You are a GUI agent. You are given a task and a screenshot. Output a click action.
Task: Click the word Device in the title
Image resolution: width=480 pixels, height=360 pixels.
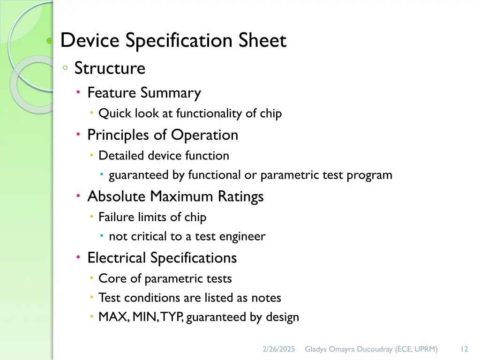click(90, 41)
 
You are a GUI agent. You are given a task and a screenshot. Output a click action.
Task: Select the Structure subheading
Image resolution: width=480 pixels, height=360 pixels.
click(110, 68)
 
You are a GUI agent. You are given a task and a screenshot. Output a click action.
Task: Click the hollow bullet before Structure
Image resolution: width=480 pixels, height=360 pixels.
click(66, 68)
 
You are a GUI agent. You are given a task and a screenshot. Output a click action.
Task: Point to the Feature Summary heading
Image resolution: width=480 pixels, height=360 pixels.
click(144, 93)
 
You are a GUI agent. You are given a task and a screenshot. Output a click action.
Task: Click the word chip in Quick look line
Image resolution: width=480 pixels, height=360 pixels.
click(271, 113)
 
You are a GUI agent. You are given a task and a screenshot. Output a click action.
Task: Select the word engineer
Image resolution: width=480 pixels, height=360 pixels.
click(243, 237)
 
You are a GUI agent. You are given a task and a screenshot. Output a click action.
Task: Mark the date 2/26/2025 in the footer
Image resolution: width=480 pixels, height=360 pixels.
click(278, 349)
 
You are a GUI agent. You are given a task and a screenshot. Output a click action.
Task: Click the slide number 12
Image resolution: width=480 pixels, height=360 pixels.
click(464, 349)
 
